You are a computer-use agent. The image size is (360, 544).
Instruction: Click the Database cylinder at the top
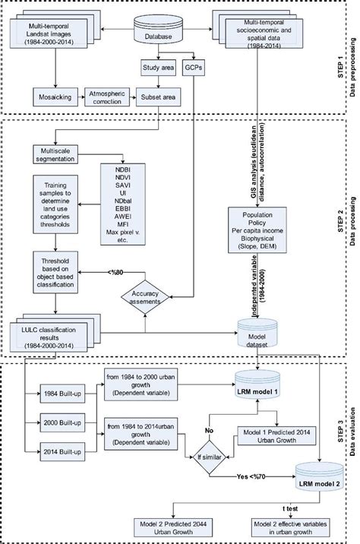pyautogui.click(x=158, y=30)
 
